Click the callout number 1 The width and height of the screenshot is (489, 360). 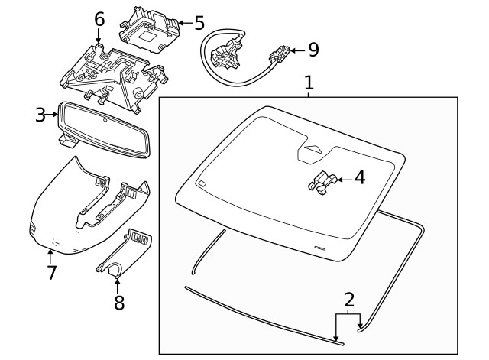click(x=309, y=82)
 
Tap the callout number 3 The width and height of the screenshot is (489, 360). click(x=40, y=115)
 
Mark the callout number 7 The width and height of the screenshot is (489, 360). click(x=51, y=271)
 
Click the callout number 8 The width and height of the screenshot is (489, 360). click(x=118, y=303)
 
